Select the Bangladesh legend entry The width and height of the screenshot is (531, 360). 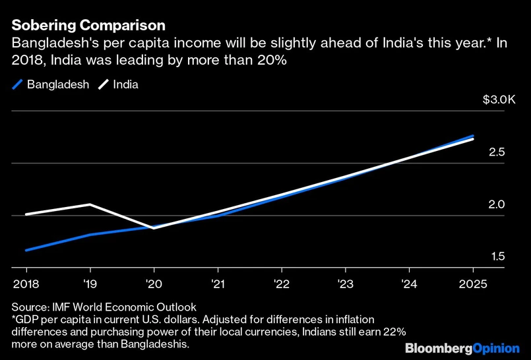click(x=50, y=85)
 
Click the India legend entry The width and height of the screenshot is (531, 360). click(x=119, y=85)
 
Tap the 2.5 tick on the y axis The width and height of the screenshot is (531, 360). click(x=497, y=152)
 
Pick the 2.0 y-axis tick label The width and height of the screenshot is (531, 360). click(x=497, y=204)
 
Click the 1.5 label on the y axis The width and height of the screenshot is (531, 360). click(x=497, y=256)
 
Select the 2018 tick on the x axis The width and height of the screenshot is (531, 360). click(x=26, y=284)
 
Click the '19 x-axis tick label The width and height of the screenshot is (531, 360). click(x=90, y=284)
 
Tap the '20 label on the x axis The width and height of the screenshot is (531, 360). click(x=154, y=284)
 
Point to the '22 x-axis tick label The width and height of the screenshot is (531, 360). click(x=282, y=284)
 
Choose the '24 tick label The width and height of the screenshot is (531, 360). click(x=409, y=284)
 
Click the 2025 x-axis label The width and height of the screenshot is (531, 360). click(x=473, y=284)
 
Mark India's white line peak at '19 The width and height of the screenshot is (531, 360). click(x=90, y=204)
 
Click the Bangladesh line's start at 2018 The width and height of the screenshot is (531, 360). click(x=26, y=251)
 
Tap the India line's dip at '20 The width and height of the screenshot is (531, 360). click(x=154, y=227)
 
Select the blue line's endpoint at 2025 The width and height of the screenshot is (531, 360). click(x=473, y=136)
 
